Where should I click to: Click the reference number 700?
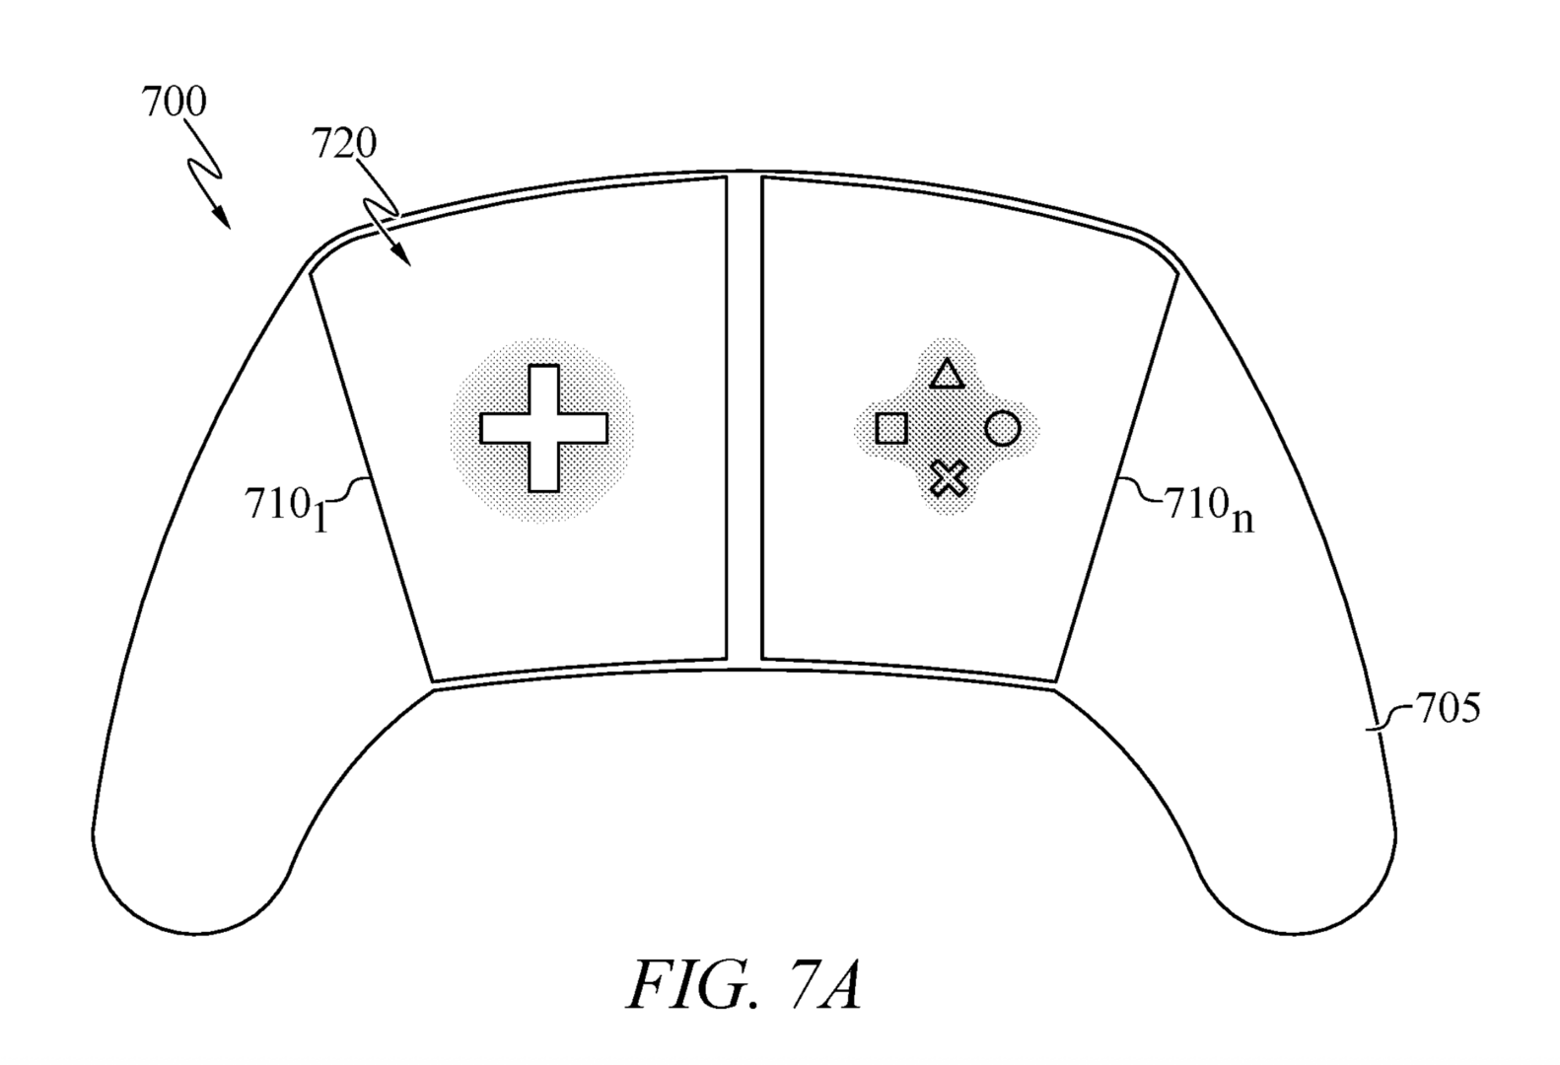tap(175, 103)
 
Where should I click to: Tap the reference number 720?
tap(344, 145)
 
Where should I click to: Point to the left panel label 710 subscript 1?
tap(285, 507)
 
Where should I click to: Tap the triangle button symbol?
tap(947, 375)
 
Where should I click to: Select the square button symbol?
tap(891, 429)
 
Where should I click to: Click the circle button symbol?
tap(1003, 429)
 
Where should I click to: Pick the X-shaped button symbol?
tap(949, 478)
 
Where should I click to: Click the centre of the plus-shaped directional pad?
tap(543, 429)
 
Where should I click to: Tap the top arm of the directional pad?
tap(543, 387)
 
